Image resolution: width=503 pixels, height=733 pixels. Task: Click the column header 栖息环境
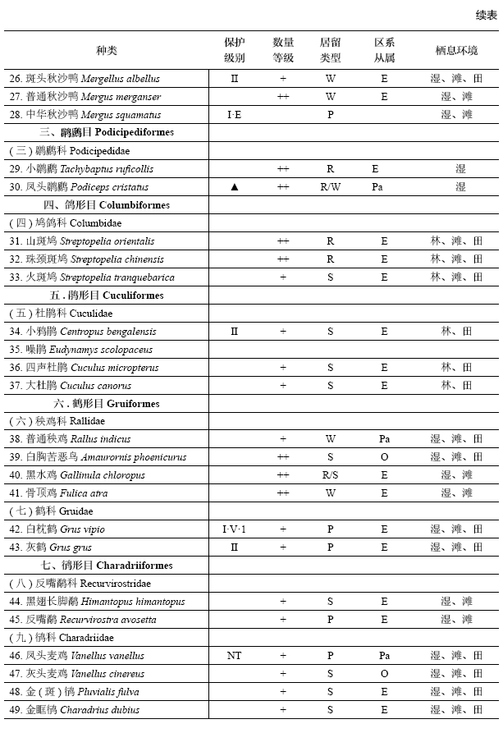(x=456, y=50)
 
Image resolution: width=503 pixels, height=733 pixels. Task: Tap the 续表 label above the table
(x=486, y=15)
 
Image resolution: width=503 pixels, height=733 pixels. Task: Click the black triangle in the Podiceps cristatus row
(x=235, y=187)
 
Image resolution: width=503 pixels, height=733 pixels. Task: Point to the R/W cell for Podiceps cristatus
(x=330, y=187)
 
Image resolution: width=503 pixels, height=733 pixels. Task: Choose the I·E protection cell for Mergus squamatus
(x=235, y=115)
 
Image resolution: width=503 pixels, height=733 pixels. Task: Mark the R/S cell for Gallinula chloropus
(x=330, y=475)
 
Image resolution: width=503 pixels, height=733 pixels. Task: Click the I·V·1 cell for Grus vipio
(x=235, y=529)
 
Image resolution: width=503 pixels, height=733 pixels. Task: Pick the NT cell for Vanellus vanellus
(x=235, y=656)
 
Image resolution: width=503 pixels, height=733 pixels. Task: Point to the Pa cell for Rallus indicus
(x=384, y=439)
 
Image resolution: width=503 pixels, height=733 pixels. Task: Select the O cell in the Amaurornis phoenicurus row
(x=384, y=457)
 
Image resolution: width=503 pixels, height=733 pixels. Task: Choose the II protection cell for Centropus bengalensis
(x=235, y=332)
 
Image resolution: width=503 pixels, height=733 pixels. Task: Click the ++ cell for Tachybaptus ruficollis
(x=283, y=169)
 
